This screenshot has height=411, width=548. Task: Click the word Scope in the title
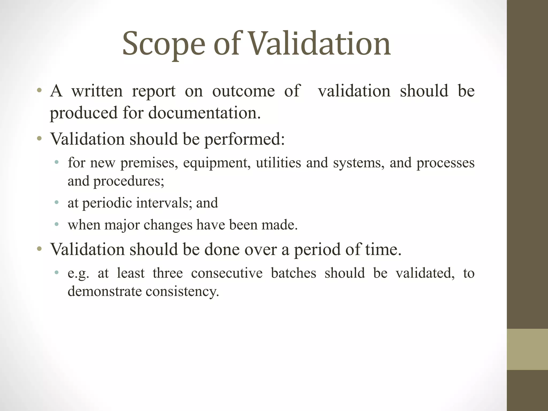click(x=164, y=44)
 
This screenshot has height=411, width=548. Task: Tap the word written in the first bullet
click(x=97, y=91)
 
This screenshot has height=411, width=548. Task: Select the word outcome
click(x=243, y=91)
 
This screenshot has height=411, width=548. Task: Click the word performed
click(x=244, y=139)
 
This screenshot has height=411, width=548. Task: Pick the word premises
click(x=149, y=162)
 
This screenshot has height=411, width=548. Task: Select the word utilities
click(x=278, y=162)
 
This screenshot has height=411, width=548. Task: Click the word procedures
click(x=128, y=181)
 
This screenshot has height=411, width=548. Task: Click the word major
click(x=122, y=224)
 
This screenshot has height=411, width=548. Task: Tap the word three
click(x=168, y=273)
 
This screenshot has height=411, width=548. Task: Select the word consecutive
click(x=227, y=273)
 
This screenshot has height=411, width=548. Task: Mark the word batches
click(x=294, y=273)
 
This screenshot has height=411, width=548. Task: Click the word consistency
click(x=182, y=291)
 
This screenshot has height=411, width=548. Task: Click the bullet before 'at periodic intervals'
click(x=56, y=203)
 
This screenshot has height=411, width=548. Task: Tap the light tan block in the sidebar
click(x=527, y=349)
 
